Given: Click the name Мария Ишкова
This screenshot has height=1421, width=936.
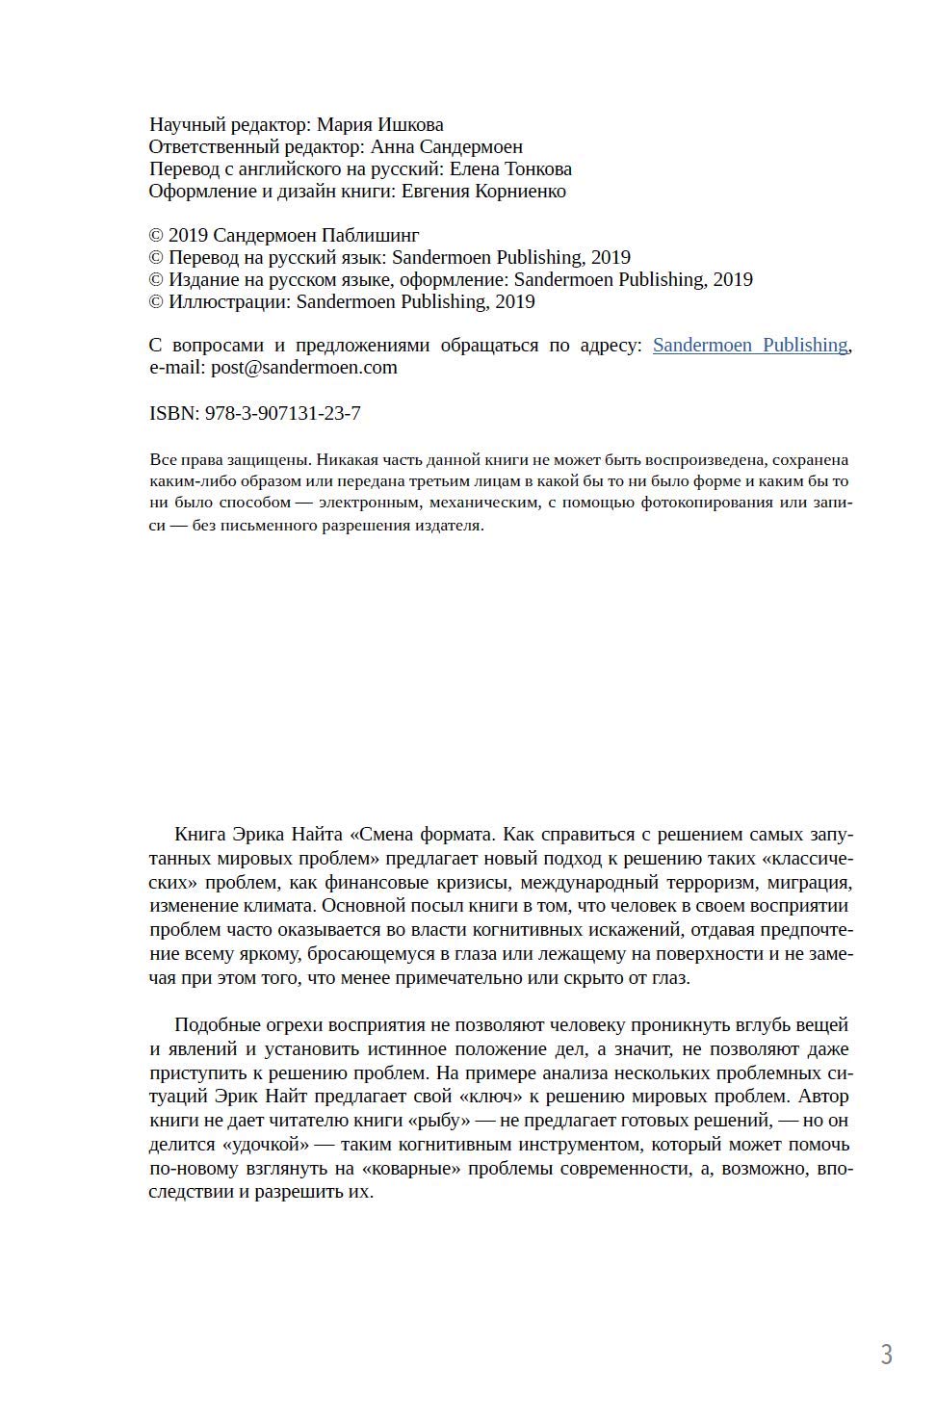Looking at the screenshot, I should pos(379,124).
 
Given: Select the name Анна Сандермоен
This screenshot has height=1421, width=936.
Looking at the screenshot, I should pos(446,146).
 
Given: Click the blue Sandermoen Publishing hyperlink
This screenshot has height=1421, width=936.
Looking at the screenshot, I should pos(750,345).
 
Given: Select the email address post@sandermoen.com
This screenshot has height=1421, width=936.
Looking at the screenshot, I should pos(304,367).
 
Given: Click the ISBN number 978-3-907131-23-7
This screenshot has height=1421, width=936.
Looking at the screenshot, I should pos(283,413).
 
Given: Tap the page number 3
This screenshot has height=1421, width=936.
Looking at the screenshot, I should pos(886,1355).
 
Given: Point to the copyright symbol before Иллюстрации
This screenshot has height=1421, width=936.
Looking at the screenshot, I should pos(156,301).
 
